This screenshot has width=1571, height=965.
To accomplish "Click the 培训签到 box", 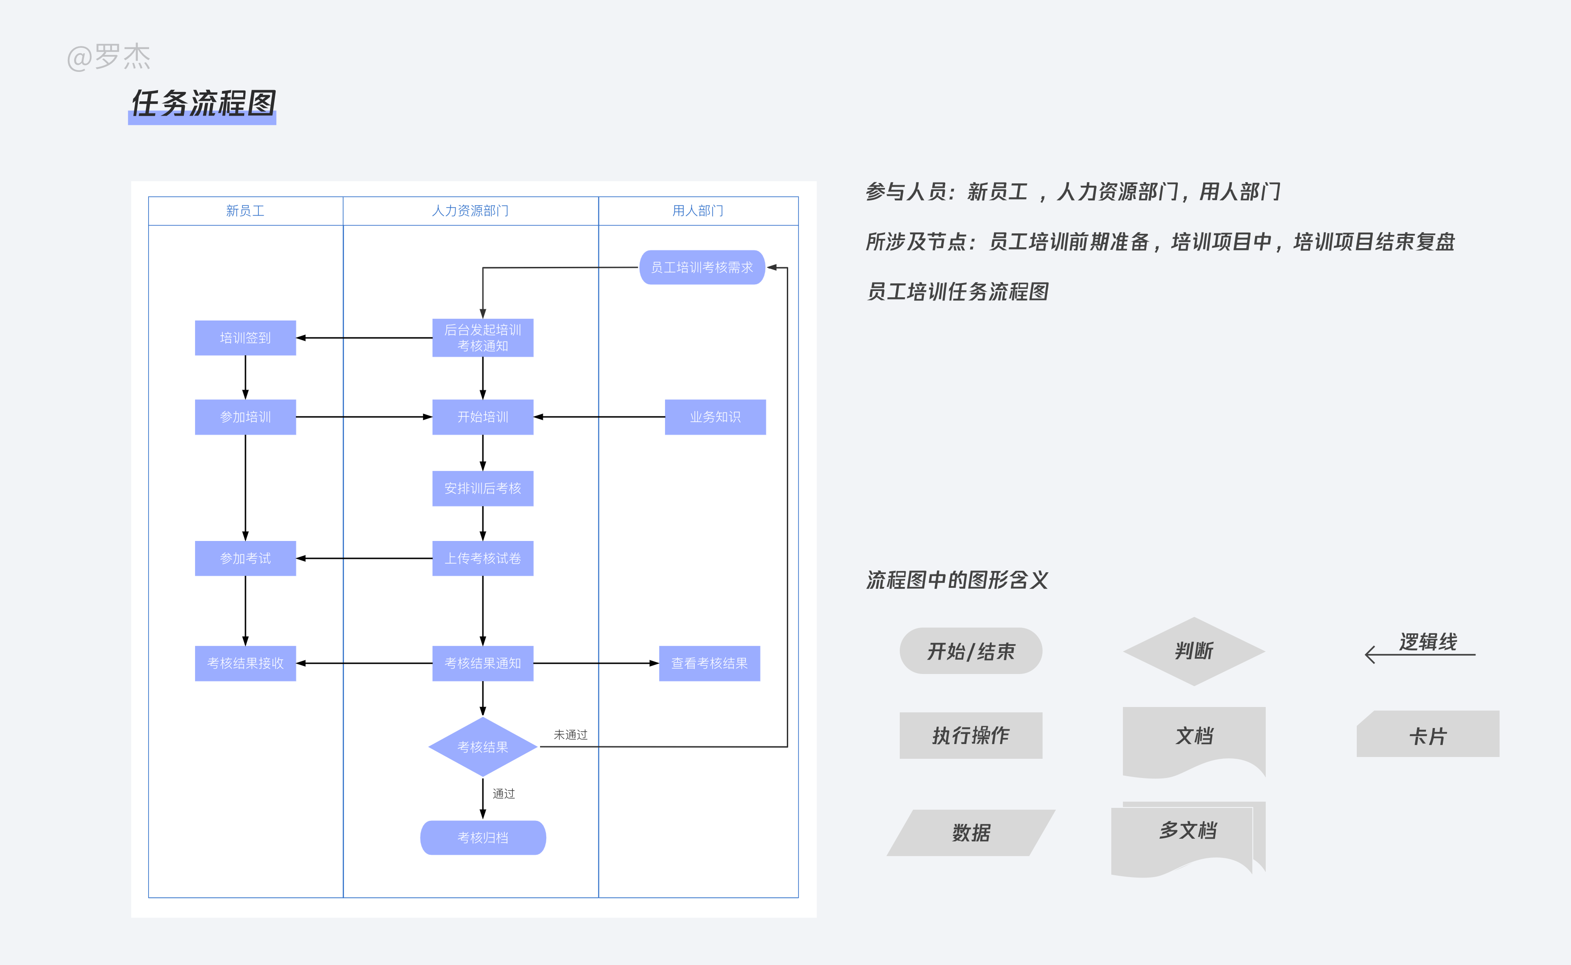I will pos(245,337).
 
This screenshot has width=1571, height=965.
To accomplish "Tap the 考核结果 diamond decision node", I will pos(482,747).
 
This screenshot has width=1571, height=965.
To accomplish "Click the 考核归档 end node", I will pos(482,837).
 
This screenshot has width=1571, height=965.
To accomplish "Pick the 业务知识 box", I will pos(715,417).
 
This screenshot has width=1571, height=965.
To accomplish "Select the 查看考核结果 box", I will pos(709,663).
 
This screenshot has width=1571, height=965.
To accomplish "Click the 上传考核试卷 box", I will pos(482,558).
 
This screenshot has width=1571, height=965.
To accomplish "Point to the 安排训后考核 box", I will pos(482,488).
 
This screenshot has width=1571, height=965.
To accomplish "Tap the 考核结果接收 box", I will pos(245,663).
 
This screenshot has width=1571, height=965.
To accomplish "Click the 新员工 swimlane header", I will pos(245,211).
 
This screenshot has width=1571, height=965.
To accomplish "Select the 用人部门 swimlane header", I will pos(698,211).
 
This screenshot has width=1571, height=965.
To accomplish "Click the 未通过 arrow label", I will pos(570,735).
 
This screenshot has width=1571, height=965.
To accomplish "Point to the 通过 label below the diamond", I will pos(503,793).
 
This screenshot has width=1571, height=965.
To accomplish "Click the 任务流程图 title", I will pos(203,104).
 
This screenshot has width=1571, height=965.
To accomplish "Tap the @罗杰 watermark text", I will pos(108,58).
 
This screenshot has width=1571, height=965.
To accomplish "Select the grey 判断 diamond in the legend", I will pos(1193,651).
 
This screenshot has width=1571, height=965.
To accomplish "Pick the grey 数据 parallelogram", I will pos(971,832).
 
